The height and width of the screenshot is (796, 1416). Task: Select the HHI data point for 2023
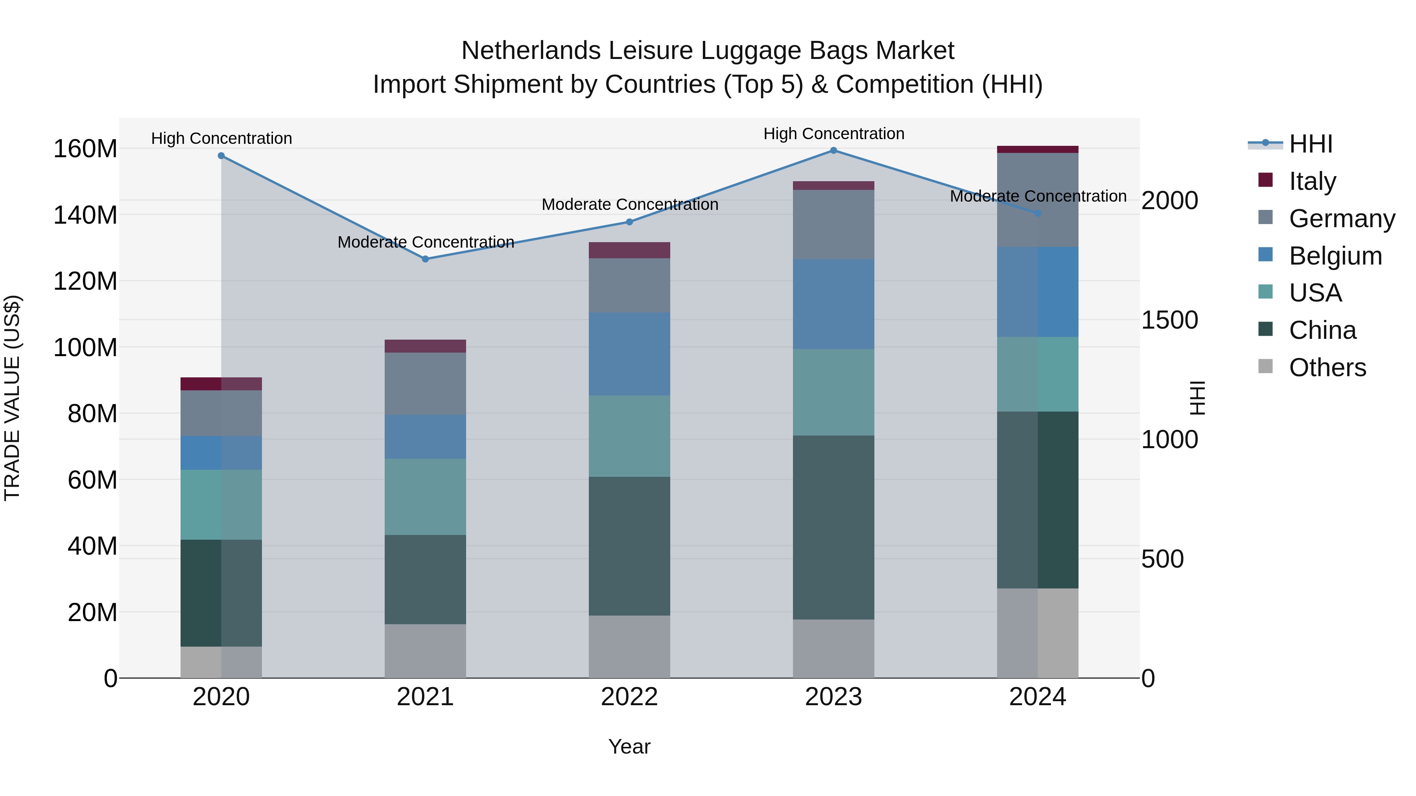pyautogui.click(x=833, y=151)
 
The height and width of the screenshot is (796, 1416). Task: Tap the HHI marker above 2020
pyautogui.click(x=221, y=155)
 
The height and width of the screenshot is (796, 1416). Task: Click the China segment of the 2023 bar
pyautogui.click(x=833, y=528)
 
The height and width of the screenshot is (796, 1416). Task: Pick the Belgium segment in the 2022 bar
pyautogui.click(x=629, y=354)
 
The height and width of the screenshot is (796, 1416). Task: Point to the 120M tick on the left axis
pyautogui.click(x=85, y=281)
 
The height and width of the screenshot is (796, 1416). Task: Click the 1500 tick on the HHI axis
pyautogui.click(x=1169, y=320)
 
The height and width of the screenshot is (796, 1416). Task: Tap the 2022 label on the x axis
pyautogui.click(x=629, y=697)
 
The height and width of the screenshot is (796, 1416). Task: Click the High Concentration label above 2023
pyautogui.click(x=833, y=134)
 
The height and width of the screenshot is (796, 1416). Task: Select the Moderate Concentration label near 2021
pyautogui.click(x=426, y=242)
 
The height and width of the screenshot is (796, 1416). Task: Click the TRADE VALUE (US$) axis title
pyautogui.click(x=12, y=398)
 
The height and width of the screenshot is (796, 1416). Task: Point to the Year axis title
pyautogui.click(x=629, y=746)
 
